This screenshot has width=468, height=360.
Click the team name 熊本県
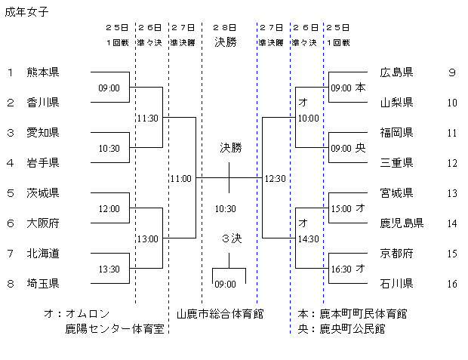(x=42, y=72)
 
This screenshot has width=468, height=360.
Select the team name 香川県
(x=42, y=102)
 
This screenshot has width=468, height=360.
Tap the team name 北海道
(x=42, y=254)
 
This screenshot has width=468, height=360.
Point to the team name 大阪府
(x=42, y=223)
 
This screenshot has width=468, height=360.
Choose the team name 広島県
(x=396, y=72)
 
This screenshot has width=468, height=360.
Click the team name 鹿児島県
(x=402, y=223)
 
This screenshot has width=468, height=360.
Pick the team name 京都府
(x=396, y=254)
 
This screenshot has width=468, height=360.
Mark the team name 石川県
(x=396, y=284)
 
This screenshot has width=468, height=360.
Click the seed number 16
(x=452, y=284)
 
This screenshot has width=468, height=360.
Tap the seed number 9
(x=451, y=72)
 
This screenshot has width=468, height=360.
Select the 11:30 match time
(x=147, y=118)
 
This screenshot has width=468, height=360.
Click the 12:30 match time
(x=275, y=179)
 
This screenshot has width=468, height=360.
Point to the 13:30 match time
(x=109, y=269)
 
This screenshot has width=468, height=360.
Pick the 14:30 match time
(x=309, y=239)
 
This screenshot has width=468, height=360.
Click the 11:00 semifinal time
(x=181, y=179)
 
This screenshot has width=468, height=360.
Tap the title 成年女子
(x=26, y=11)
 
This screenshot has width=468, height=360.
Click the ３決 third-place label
(x=230, y=238)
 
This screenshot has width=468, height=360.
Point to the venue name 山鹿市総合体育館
(x=220, y=312)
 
